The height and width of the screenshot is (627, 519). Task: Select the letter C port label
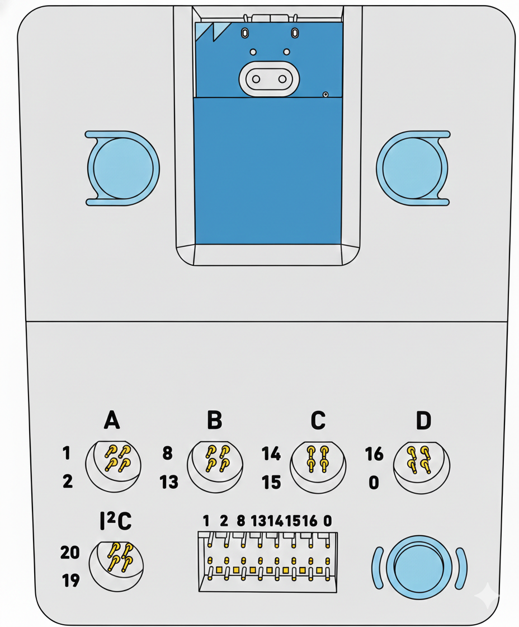point(318,420)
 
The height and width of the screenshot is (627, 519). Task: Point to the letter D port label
point(423,420)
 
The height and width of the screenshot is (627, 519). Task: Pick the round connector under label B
point(215,465)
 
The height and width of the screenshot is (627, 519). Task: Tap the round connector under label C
point(318,465)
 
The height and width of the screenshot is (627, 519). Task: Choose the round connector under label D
point(422,465)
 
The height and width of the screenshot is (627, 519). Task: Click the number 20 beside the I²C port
point(70,553)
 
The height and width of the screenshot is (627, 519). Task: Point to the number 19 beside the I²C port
point(70,581)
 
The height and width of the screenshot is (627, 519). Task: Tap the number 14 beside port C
point(271,454)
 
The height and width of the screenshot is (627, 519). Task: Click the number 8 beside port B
point(167,453)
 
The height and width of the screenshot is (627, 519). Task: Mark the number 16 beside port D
point(374,454)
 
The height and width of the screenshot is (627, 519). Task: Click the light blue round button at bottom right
point(419,567)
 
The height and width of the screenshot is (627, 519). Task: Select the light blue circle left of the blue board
point(124,167)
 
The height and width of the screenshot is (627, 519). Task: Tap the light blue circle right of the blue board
point(413,167)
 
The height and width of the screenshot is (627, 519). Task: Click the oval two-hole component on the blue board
point(269,79)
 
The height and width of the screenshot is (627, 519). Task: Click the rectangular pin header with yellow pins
point(267,562)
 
